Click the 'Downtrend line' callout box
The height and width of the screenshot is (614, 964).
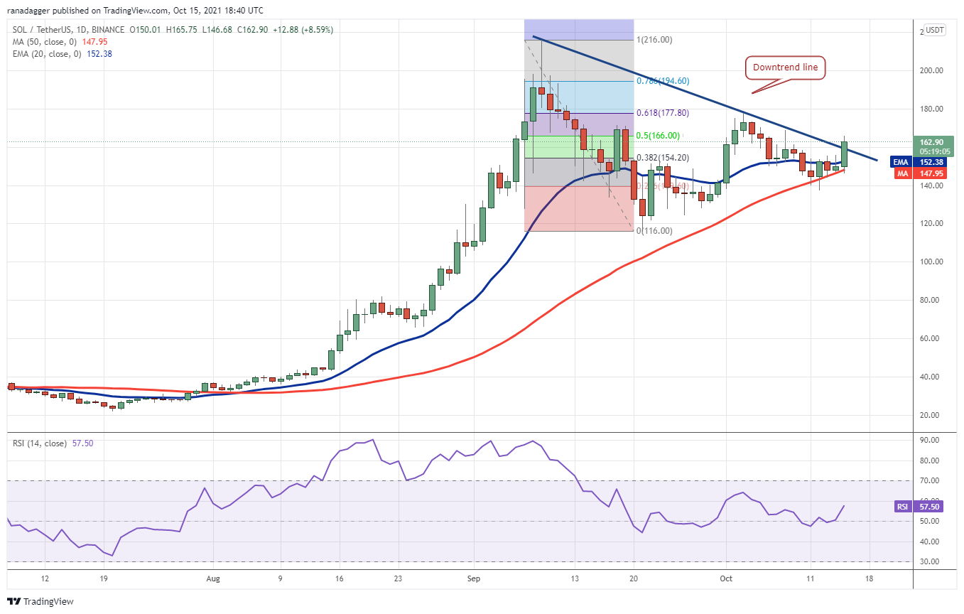click(x=784, y=68)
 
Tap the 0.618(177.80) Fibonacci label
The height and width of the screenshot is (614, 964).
click(x=662, y=114)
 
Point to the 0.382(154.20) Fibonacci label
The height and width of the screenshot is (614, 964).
click(x=662, y=158)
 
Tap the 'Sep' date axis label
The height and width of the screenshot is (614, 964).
click(x=474, y=578)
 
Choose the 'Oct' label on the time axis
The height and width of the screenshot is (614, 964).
click(x=726, y=578)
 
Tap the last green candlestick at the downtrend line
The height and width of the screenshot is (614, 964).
click(x=845, y=153)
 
